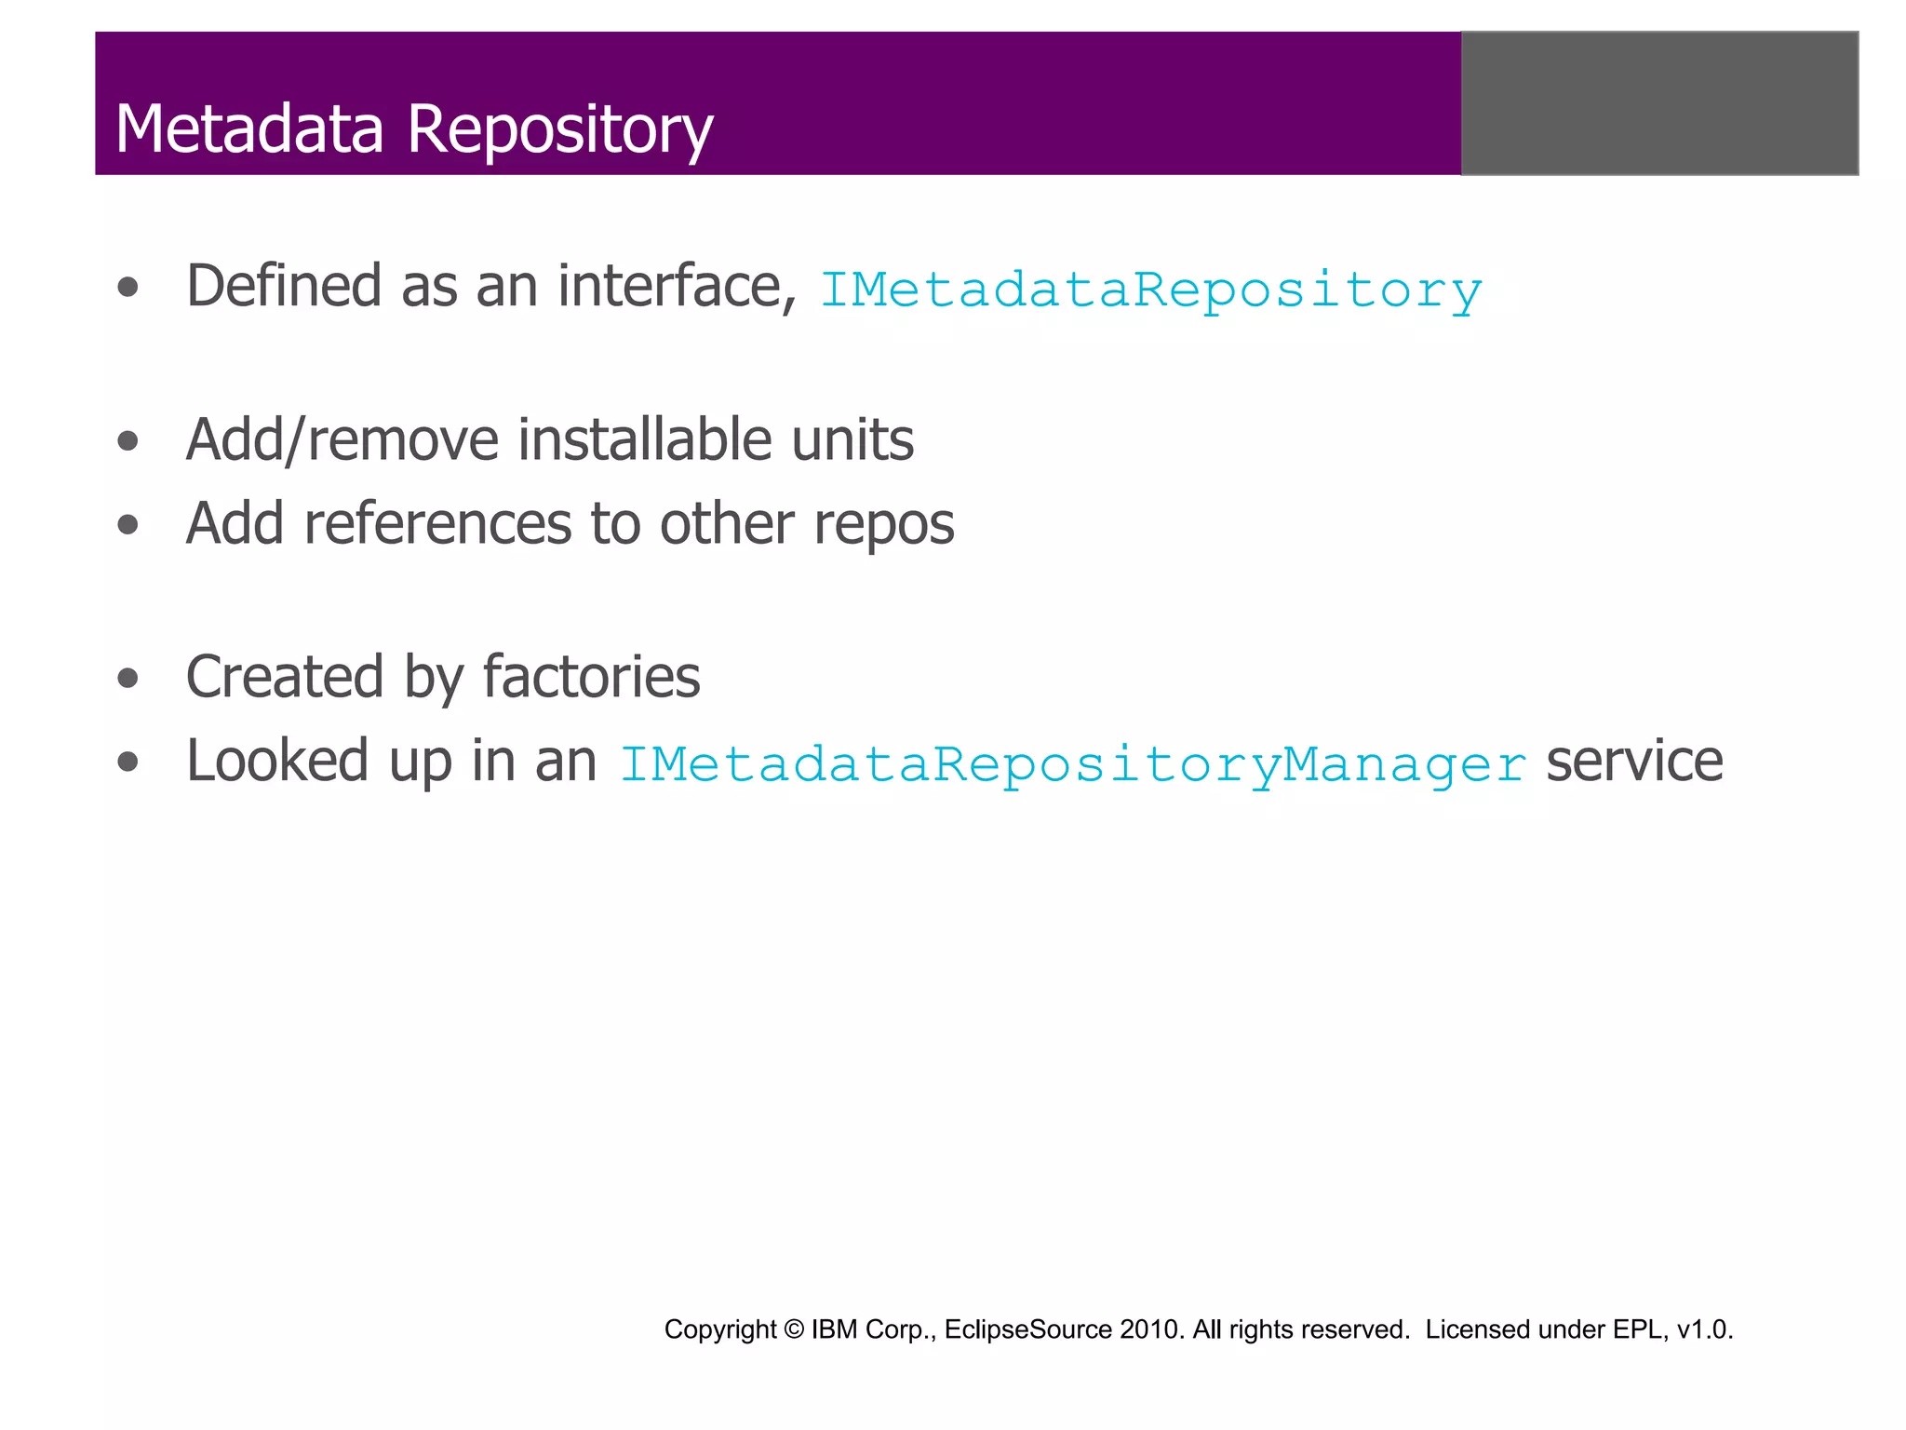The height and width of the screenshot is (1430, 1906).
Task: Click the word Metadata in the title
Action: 249,128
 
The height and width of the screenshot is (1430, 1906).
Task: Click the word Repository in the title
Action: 559,128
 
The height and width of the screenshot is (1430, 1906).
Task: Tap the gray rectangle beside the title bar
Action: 1659,103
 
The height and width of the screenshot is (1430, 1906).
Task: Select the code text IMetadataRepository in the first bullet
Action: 1150,290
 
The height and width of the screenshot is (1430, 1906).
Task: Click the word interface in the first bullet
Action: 677,286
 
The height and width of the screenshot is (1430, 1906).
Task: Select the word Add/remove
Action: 342,439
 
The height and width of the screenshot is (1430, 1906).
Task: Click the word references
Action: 437,523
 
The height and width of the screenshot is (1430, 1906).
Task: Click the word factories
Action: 591,677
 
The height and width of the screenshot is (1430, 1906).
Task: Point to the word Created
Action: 285,677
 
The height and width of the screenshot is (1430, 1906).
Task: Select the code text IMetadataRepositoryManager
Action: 1072,764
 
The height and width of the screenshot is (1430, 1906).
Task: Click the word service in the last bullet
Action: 1634,762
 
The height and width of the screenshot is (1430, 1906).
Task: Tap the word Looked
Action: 277,762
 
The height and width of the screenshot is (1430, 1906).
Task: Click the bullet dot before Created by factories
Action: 128,678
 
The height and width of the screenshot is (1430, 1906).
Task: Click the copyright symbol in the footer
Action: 794,1329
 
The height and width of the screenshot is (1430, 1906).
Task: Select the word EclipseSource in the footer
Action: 1027,1329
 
